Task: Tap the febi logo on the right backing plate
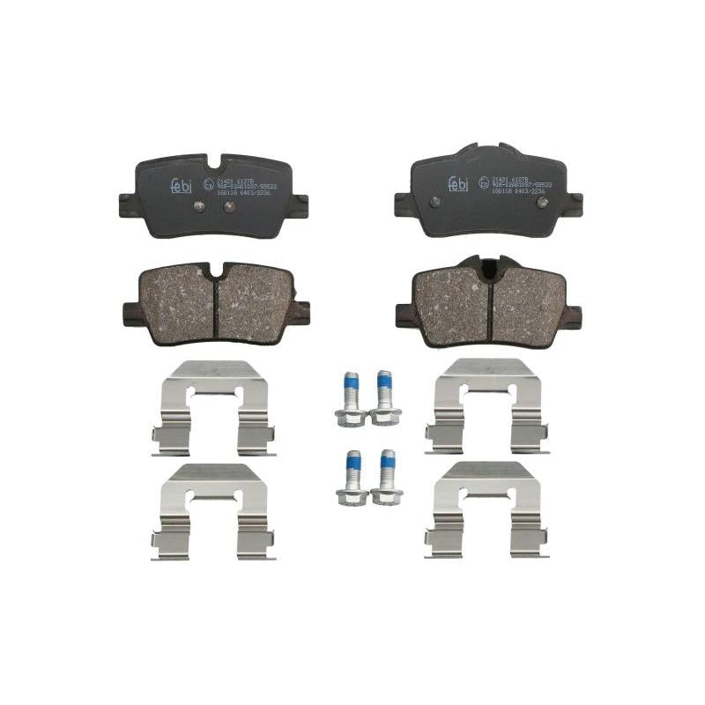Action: point(457,182)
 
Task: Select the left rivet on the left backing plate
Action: point(199,206)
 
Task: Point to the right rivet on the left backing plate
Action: point(229,206)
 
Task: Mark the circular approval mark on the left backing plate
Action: point(208,183)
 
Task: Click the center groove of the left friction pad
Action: point(216,300)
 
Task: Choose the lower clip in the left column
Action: point(214,510)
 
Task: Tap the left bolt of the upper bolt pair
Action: point(352,398)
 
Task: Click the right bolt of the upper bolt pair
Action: point(384,397)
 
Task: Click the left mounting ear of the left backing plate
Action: point(128,206)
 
